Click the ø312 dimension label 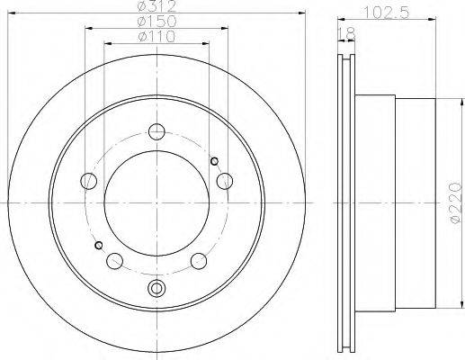[156, 5]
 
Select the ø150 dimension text [156, 22]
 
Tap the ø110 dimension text [156, 37]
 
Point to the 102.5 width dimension [386, 13]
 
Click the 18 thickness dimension [347, 34]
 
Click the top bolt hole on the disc [156, 131]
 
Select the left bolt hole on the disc [89, 181]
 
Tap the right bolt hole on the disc [225, 181]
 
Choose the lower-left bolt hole [114, 261]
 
